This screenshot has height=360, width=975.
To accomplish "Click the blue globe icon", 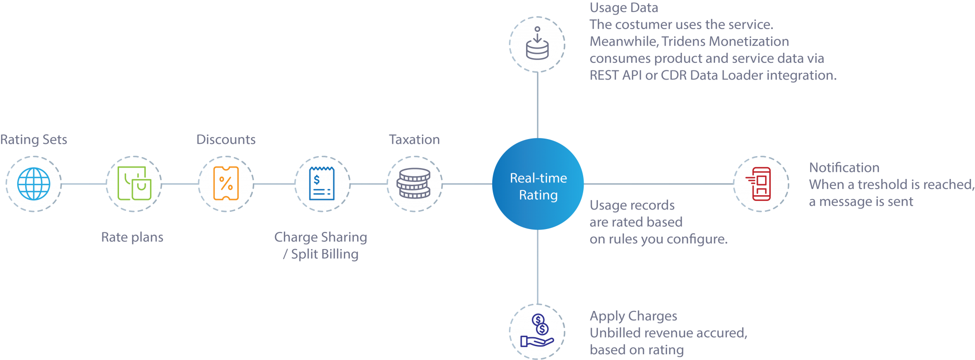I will tap(33, 184).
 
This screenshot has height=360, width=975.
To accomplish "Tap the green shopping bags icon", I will tap(134, 184).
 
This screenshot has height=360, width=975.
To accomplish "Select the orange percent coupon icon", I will tap(226, 184).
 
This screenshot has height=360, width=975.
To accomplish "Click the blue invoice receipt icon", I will tap(322, 184).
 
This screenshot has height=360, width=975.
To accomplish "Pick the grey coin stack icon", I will tap(414, 184).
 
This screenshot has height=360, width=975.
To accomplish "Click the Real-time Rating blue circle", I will tap(537, 184).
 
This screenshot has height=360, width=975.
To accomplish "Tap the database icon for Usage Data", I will tap(537, 44).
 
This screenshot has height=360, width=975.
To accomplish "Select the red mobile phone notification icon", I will tap(761, 184).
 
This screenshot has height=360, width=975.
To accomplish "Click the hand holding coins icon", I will tap(537, 331).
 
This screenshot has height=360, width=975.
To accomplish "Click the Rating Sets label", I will tap(33, 140).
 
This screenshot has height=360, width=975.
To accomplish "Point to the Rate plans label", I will tap(132, 237).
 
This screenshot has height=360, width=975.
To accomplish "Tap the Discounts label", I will tap(226, 140).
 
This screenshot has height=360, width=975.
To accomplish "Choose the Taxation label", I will tap(414, 140).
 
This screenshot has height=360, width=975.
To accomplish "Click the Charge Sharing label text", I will tap(320, 237).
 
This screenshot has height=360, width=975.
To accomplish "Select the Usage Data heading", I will tap(624, 8).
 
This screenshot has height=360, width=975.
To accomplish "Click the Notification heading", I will tap(844, 168).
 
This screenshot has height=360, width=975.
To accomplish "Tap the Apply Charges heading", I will tap(633, 316).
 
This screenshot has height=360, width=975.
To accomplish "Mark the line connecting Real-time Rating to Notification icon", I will tap(657, 183).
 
